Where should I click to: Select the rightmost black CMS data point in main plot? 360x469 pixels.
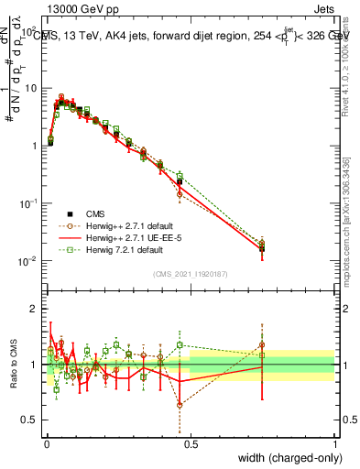point(262,248)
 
